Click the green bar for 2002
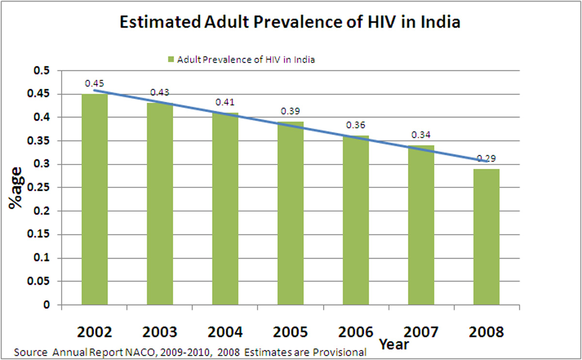pyautogui.click(x=95, y=199)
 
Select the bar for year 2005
pyautogui.click(x=291, y=213)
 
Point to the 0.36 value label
pyautogui.click(x=356, y=125)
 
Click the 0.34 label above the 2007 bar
pyautogui.click(x=420, y=135)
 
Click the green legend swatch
pyautogui.click(x=171, y=60)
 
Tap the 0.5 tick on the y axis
pyautogui.click(x=44, y=71)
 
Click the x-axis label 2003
pyautogui.click(x=160, y=332)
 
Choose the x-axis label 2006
pyautogui.click(x=356, y=332)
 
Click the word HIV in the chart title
pyautogui.click(x=366, y=22)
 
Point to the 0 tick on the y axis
pyautogui.click(x=47, y=305)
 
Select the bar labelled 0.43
pyautogui.click(x=160, y=204)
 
